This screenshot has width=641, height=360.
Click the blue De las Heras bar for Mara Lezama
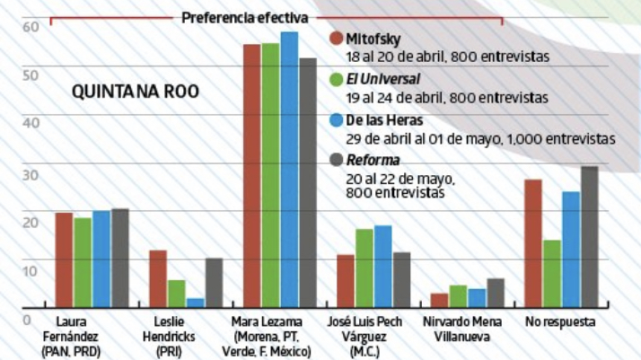(x=289, y=171)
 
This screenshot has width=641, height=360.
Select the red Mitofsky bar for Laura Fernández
(x=64, y=260)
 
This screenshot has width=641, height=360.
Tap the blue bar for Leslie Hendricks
(x=196, y=303)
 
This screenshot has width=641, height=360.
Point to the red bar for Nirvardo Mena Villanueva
(x=439, y=301)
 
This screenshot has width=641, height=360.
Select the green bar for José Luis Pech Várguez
(x=364, y=268)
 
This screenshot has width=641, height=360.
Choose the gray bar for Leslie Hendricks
(x=214, y=283)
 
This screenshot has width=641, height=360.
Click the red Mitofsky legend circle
(x=337, y=39)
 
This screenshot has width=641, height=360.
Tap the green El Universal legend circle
(x=337, y=79)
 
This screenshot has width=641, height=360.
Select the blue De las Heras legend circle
(x=337, y=119)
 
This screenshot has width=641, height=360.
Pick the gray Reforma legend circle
(x=337, y=160)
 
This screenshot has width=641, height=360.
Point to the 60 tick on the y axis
(x=31, y=27)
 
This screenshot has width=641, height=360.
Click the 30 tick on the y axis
(x=31, y=172)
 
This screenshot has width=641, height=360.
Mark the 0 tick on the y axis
(x=27, y=319)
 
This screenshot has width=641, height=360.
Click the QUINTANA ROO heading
(x=136, y=92)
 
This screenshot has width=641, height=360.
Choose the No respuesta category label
(x=559, y=322)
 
